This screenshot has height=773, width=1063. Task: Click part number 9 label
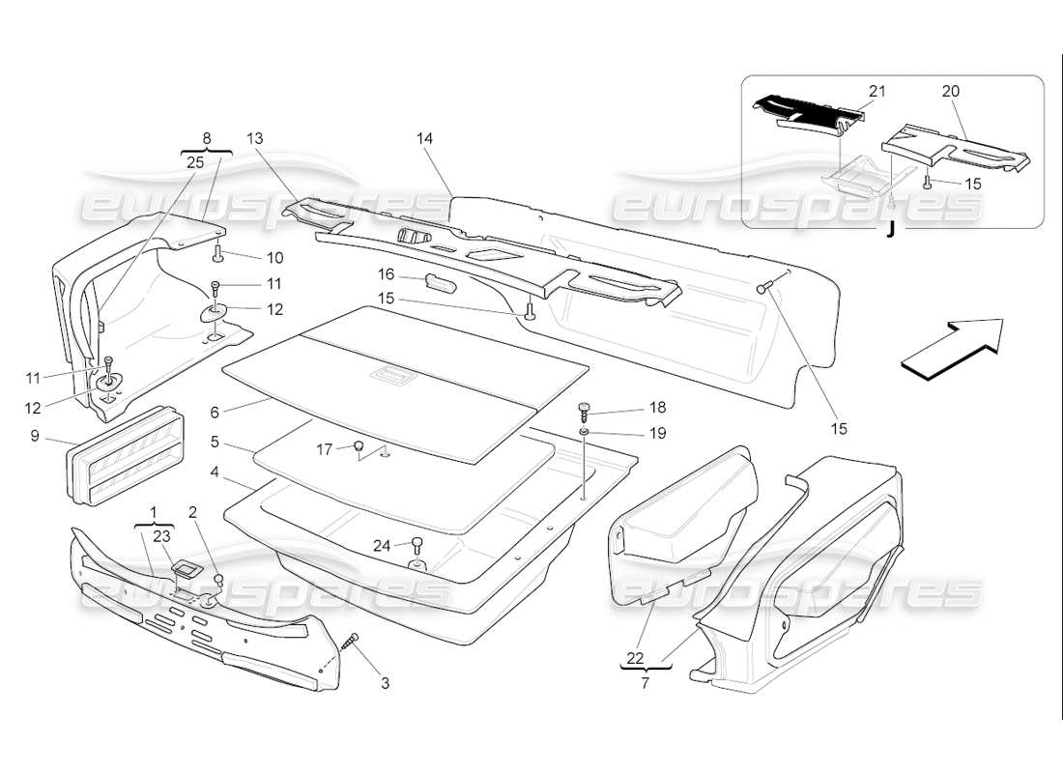35,437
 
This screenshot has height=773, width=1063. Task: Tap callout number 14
424,138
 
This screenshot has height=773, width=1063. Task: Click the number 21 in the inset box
876,91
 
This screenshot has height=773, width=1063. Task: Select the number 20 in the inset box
950,91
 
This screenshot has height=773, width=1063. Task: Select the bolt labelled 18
584,410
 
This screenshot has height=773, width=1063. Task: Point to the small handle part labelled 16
440,281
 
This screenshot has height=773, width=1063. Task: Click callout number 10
275,258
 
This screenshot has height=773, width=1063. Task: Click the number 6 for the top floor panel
215,411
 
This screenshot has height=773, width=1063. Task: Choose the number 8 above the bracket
204,138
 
